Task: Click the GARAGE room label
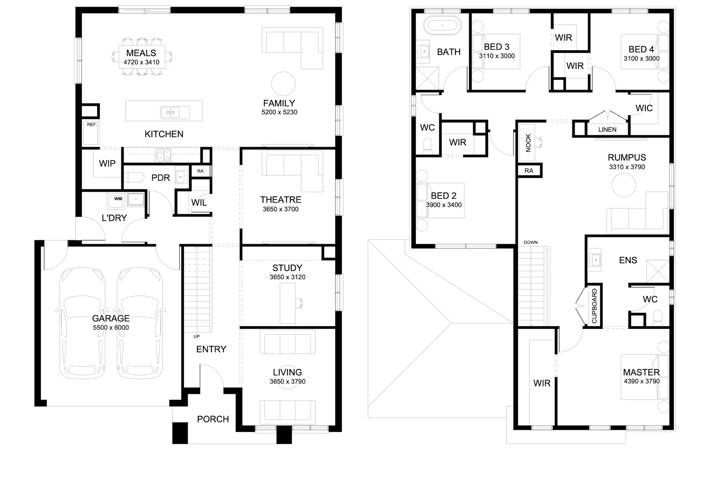point(111,318)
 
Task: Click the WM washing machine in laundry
point(118,199)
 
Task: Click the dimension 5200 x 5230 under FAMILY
point(279,112)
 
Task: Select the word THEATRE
point(280,199)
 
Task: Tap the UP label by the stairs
point(196,336)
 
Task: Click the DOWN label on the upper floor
point(530,242)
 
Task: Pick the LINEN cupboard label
point(607,130)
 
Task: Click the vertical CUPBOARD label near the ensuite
point(594,306)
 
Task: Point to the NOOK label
point(528,143)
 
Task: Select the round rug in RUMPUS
point(624,185)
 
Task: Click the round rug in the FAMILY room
point(284,83)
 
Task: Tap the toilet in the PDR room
point(133,177)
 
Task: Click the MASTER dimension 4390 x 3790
point(641,381)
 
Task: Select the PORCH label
point(213,419)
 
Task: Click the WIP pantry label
point(107,164)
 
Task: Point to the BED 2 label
point(443,196)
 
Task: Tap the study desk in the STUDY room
point(288,303)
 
